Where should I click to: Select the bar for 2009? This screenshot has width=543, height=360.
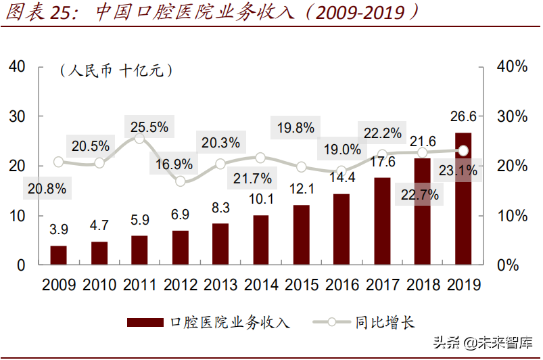click(59, 255)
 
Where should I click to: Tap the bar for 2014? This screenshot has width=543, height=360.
click(261, 240)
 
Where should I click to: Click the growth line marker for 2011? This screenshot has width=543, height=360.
click(140, 139)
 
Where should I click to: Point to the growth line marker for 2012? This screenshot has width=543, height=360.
click(181, 181)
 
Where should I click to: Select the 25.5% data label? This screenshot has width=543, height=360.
click(147, 126)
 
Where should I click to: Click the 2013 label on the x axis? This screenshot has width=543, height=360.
click(220, 285)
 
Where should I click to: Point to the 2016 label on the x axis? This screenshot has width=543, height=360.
click(341, 285)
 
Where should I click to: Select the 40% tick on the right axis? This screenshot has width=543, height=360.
click(512, 66)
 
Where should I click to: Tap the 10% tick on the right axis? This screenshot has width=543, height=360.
click(512, 216)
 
